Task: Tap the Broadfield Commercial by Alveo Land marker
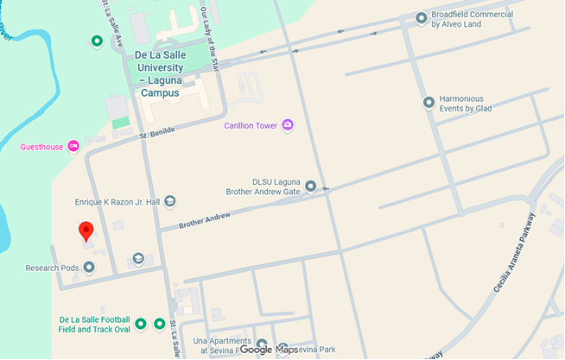(421, 17)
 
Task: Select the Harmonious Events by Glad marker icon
(429, 103)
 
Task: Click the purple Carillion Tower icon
(288, 126)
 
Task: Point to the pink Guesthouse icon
(73, 147)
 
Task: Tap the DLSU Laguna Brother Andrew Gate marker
(310, 186)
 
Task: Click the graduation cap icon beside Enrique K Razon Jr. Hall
(170, 201)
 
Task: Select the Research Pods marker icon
(89, 268)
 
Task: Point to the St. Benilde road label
(157, 131)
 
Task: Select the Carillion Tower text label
(251, 126)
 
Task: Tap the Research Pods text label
(52, 268)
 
